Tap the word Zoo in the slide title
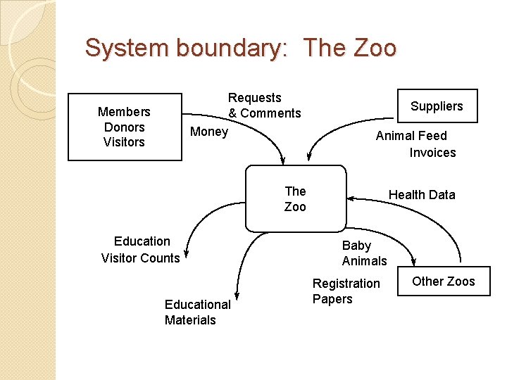coord(374,48)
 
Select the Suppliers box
coord(437,106)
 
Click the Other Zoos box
coord(444,281)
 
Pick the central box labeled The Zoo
coord(295,198)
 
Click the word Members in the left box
coord(124,112)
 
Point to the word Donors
coord(124,127)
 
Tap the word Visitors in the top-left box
coord(124,142)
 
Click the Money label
coord(209,132)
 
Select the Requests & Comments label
coord(264,106)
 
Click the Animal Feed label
coord(411,136)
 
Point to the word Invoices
coord(432,153)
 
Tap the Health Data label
coord(422,195)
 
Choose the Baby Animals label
coord(364,253)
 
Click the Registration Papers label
coord(346,291)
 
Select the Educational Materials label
coord(197,312)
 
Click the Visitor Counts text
coord(140,258)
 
